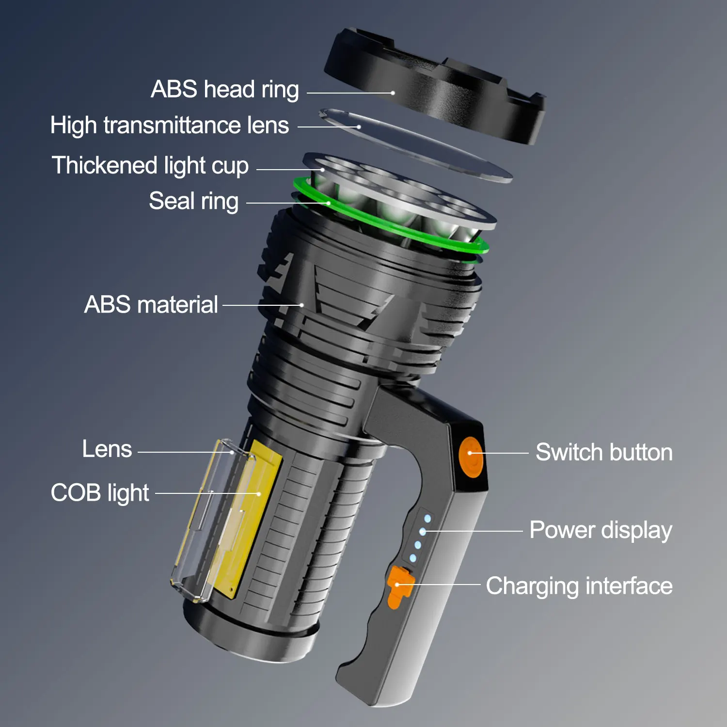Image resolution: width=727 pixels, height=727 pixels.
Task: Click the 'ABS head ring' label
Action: pos(225,90)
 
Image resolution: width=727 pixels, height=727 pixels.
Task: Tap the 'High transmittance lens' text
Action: pos(170,125)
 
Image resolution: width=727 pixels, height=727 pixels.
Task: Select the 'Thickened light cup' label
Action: pos(150,166)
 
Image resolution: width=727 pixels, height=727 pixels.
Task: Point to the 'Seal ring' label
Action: pos(194,201)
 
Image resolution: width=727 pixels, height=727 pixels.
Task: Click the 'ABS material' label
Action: pos(151,305)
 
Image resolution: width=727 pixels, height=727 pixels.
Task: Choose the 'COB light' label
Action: pos(100,493)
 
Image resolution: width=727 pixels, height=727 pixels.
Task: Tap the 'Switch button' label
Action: pos(604,452)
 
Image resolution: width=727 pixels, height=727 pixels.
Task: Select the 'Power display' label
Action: pos(601,530)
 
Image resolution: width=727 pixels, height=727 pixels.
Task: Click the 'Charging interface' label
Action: pos(579,586)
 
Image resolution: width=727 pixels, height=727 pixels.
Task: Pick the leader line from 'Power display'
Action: pos(473,531)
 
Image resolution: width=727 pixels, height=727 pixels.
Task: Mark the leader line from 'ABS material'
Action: pos(262,305)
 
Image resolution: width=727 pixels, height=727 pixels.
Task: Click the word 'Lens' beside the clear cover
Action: pos(107,449)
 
